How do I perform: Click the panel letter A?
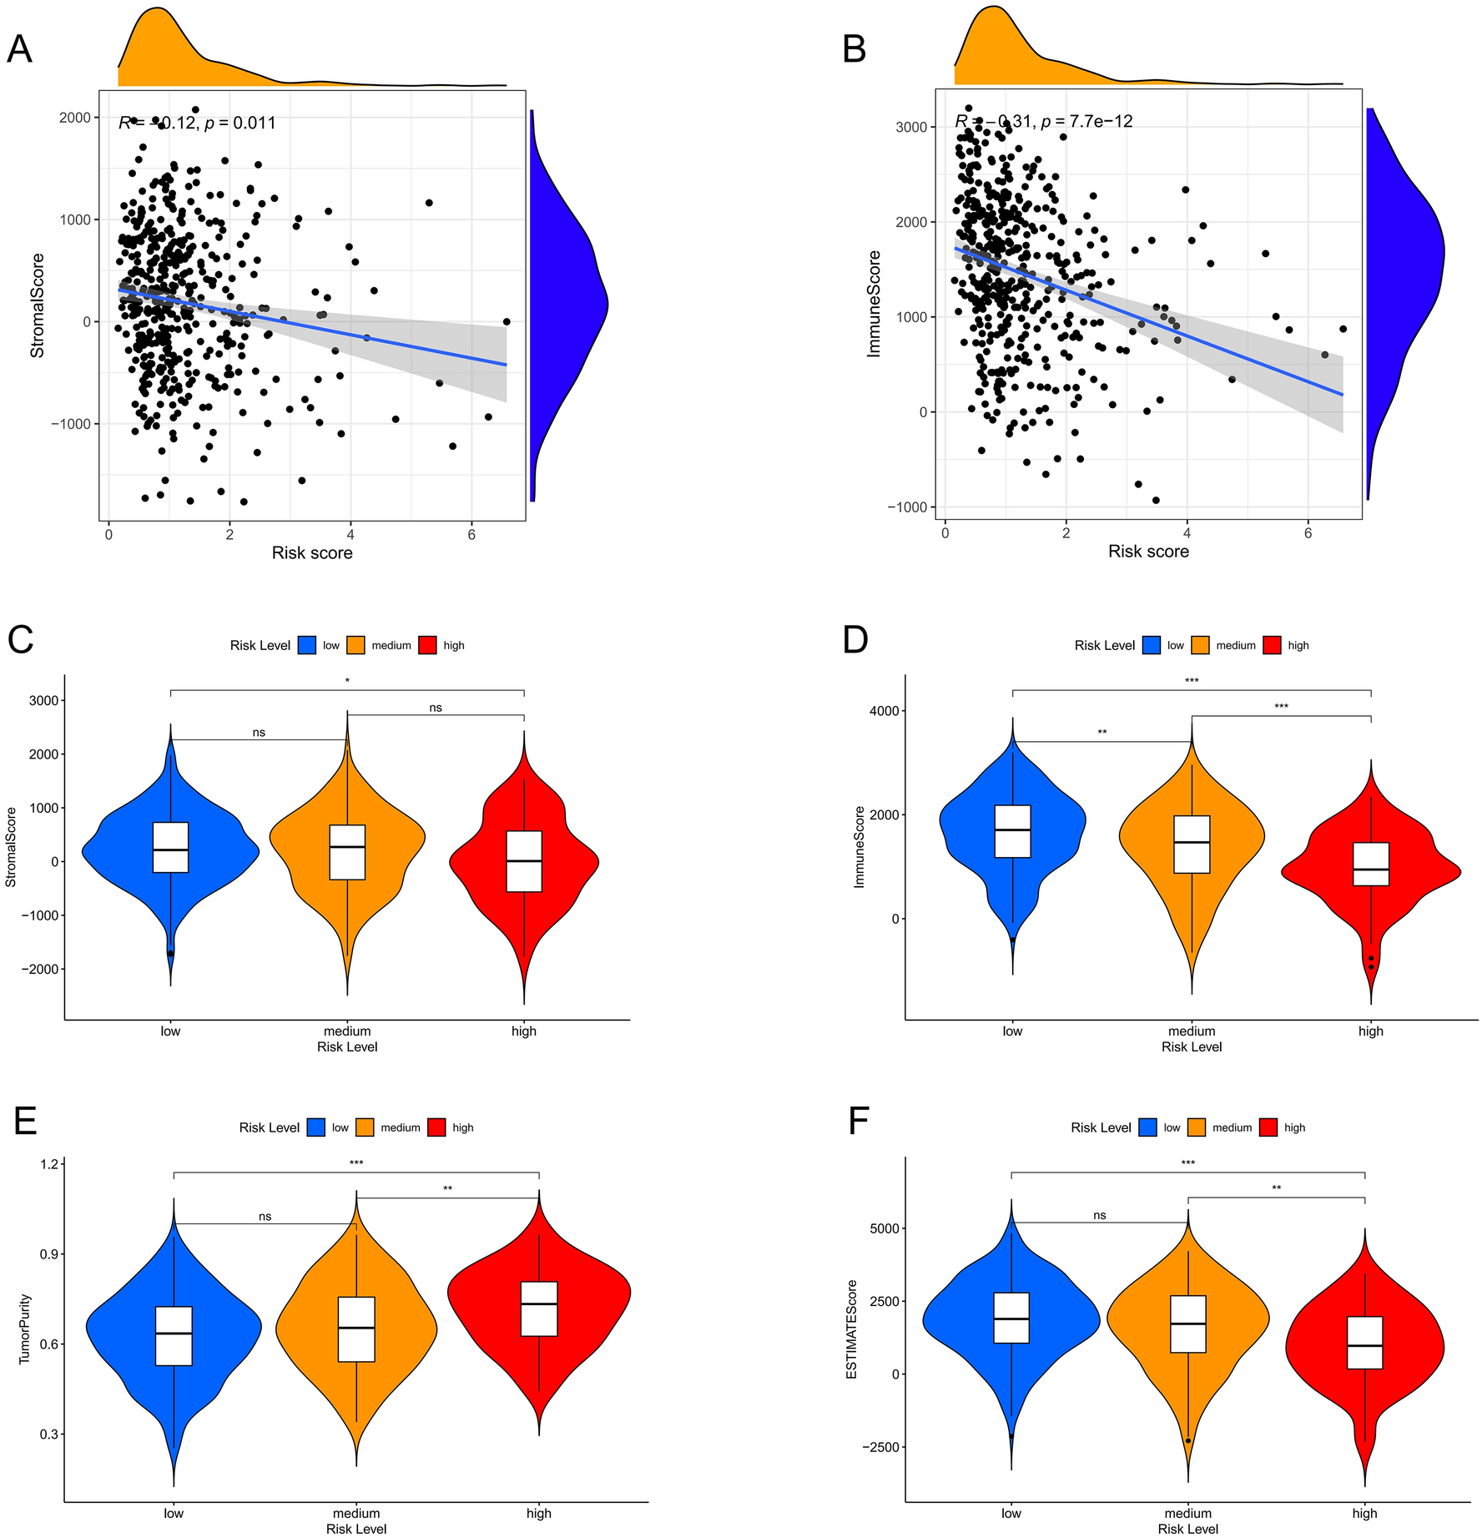(19, 49)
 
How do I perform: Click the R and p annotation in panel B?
(1044, 122)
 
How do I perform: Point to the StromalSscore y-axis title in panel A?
(38, 305)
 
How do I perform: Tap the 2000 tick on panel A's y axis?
(74, 118)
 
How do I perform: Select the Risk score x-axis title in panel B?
(1147, 552)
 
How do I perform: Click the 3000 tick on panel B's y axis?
(920, 127)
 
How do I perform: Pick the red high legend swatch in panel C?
(427, 645)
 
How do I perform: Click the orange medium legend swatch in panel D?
(1200, 645)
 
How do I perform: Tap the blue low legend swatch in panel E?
(315, 1127)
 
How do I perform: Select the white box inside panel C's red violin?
(524, 861)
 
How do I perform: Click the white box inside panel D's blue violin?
(1012, 831)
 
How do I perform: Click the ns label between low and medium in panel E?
(265, 1217)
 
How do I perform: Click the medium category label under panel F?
(1187, 1513)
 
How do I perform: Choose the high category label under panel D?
(1370, 1031)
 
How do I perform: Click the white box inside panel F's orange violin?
(1187, 1324)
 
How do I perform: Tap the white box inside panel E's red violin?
(539, 1309)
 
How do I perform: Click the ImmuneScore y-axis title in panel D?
(859, 846)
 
